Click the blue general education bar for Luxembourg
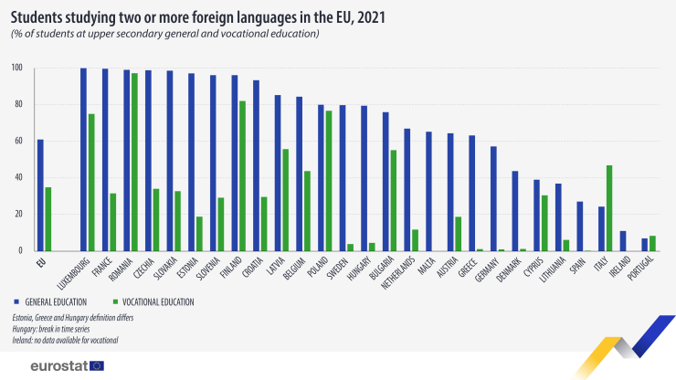coord(83,159)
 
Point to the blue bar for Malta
coord(428,191)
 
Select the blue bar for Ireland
coord(623,240)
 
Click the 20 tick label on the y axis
coord(17,214)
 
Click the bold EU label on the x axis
coord(40,262)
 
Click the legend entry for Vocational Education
coord(155,301)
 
